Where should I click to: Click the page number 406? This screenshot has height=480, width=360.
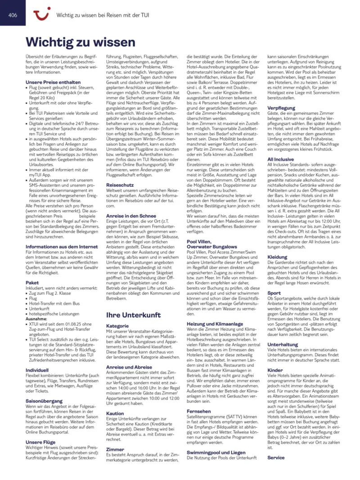pos(13,14)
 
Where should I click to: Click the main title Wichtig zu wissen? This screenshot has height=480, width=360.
pos(81,42)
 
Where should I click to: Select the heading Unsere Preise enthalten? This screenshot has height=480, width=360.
pos(53,82)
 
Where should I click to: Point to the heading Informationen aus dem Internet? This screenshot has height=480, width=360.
pos(62,247)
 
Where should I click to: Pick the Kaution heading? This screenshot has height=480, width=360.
pos(115,413)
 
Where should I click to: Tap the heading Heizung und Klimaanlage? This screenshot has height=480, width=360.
pos(215,323)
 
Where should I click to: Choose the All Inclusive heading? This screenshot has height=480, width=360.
pos(281,159)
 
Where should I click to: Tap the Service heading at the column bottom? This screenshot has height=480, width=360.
pos(276,458)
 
